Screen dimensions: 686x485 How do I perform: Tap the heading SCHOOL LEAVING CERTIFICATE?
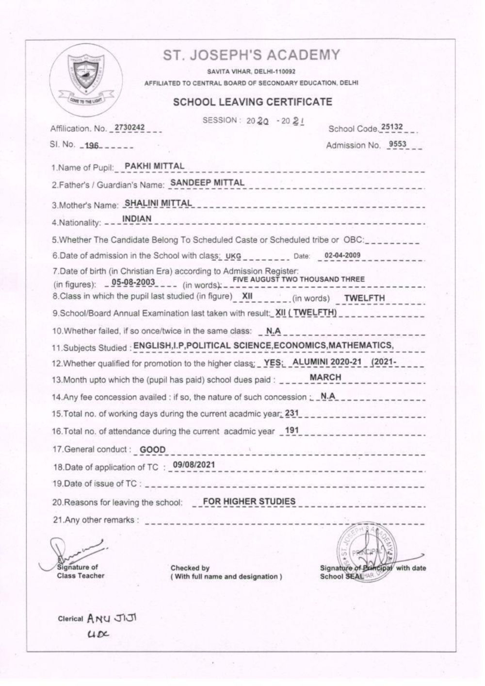click(253, 102)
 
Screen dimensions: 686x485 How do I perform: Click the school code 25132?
click(392, 127)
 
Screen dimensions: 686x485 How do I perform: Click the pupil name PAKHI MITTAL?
click(154, 166)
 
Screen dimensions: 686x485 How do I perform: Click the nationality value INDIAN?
click(137, 219)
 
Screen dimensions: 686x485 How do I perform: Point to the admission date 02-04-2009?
click(342, 255)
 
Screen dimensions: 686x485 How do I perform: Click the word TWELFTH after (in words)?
click(364, 298)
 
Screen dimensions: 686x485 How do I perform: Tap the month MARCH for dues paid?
click(325, 377)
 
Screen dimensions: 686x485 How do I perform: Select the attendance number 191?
click(291, 430)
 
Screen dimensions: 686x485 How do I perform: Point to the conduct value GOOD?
click(152, 450)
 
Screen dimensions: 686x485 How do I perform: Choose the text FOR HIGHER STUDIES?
click(249, 501)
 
